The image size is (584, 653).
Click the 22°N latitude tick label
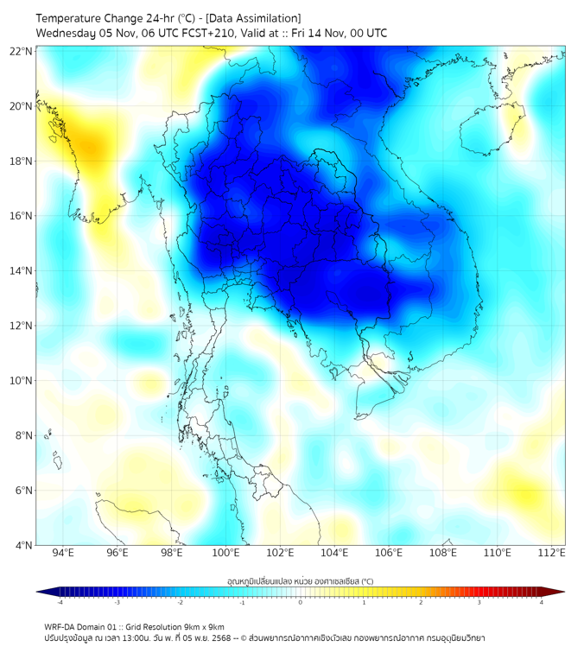pyautogui.click(x=22, y=51)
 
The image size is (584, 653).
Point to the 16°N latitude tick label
pyautogui.click(x=22, y=216)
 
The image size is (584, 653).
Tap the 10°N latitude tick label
pyautogui.click(x=22, y=380)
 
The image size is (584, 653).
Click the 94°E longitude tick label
pyautogui.click(x=62, y=553)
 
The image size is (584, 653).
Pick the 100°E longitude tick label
pyautogui.click(x=225, y=553)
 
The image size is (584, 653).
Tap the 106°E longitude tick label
pyautogui.click(x=389, y=553)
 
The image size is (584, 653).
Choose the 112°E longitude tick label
pyautogui.click(x=552, y=553)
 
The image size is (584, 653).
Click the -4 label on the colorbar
pyautogui.click(x=60, y=602)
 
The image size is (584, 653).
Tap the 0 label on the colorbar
pyautogui.click(x=301, y=602)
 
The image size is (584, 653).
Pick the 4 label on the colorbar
pyautogui.click(x=542, y=602)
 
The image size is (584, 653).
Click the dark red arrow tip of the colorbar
pyautogui.click(x=559, y=592)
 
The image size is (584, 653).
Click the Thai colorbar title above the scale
pyautogui.click(x=300, y=581)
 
